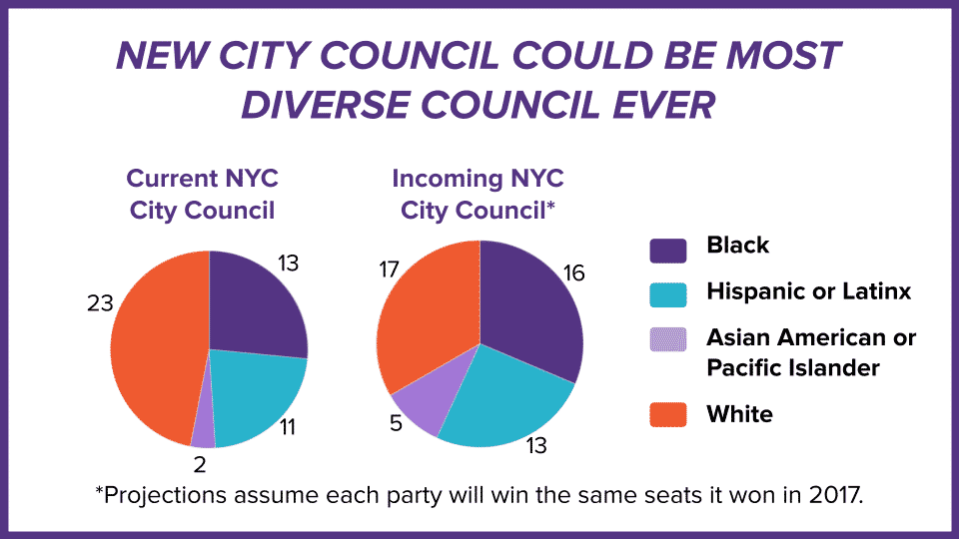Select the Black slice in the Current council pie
coord(255,304)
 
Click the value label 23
coord(99,304)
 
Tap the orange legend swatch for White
coord(667,414)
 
